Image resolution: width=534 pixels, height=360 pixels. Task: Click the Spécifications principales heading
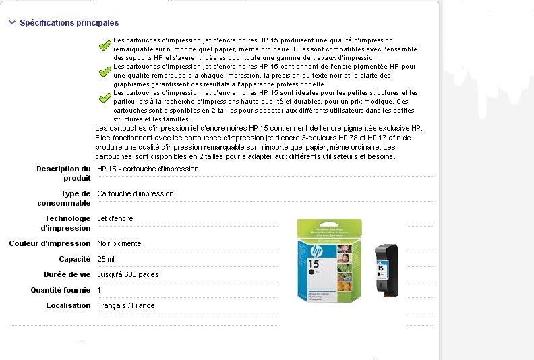click(x=69, y=23)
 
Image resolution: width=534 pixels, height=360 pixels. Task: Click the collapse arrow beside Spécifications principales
click(x=12, y=23)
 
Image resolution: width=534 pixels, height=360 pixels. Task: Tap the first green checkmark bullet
click(x=105, y=46)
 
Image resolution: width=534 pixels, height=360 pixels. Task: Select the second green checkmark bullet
click(x=105, y=71)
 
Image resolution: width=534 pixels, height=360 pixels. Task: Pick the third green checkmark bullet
click(x=105, y=98)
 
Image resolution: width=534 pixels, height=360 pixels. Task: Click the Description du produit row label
click(x=63, y=173)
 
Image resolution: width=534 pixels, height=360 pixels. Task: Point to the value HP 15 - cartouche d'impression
click(x=148, y=169)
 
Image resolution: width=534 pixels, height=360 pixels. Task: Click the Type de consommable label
click(x=63, y=198)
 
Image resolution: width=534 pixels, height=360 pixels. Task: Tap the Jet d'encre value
click(x=115, y=218)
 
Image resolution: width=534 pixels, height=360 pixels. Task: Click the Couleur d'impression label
click(x=50, y=243)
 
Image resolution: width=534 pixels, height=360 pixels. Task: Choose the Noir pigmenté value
click(x=119, y=243)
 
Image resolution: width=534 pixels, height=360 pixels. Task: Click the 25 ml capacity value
click(x=106, y=259)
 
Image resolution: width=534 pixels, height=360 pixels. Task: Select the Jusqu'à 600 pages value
click(x=128, y=274)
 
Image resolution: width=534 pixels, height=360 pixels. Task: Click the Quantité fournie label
click(x=61, y=290)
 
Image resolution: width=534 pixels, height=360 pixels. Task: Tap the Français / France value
click(x=126, y=305)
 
